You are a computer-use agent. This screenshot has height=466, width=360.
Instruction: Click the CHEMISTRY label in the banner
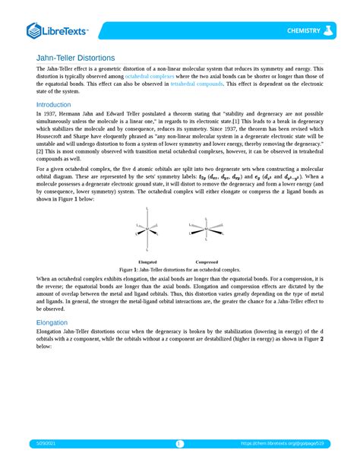point(302,30)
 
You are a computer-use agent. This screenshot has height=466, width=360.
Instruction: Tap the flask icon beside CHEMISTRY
point(329,30)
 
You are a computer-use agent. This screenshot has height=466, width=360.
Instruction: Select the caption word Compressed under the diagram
point(206,262)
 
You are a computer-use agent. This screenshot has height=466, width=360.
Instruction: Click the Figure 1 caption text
point(180,270)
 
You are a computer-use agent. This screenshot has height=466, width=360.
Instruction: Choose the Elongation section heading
point(56,322)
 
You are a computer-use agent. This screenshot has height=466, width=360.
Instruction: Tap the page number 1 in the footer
point(180,444)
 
